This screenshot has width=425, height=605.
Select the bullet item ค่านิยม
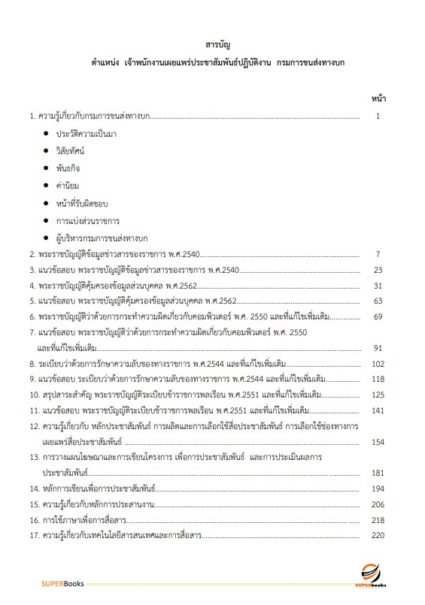tap(69, 185)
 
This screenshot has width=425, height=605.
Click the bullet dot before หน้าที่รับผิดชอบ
tap(46, 203)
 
